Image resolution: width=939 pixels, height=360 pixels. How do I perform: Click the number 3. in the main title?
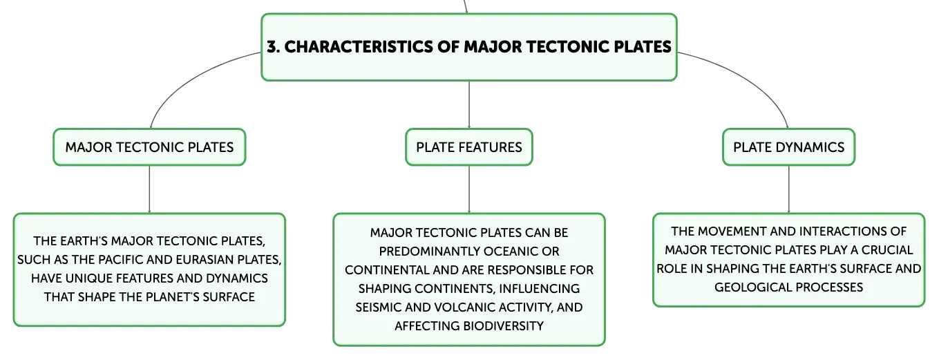click(274, 47)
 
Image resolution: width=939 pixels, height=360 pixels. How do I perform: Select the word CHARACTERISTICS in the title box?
click(359, 47)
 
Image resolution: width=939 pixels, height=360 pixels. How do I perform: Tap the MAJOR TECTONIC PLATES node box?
click(149, 147)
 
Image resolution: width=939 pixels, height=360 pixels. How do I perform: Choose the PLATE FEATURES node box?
click(469, 147)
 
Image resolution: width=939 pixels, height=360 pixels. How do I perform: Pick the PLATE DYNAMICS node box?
click(788, 147)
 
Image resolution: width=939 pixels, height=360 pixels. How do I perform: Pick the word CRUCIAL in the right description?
click(887, 250)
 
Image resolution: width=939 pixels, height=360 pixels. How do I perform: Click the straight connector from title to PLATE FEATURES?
click(469, 105)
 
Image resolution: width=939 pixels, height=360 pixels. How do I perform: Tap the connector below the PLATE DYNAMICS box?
click(788, 189)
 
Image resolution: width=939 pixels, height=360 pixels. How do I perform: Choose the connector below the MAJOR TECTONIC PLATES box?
click(149, 189)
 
